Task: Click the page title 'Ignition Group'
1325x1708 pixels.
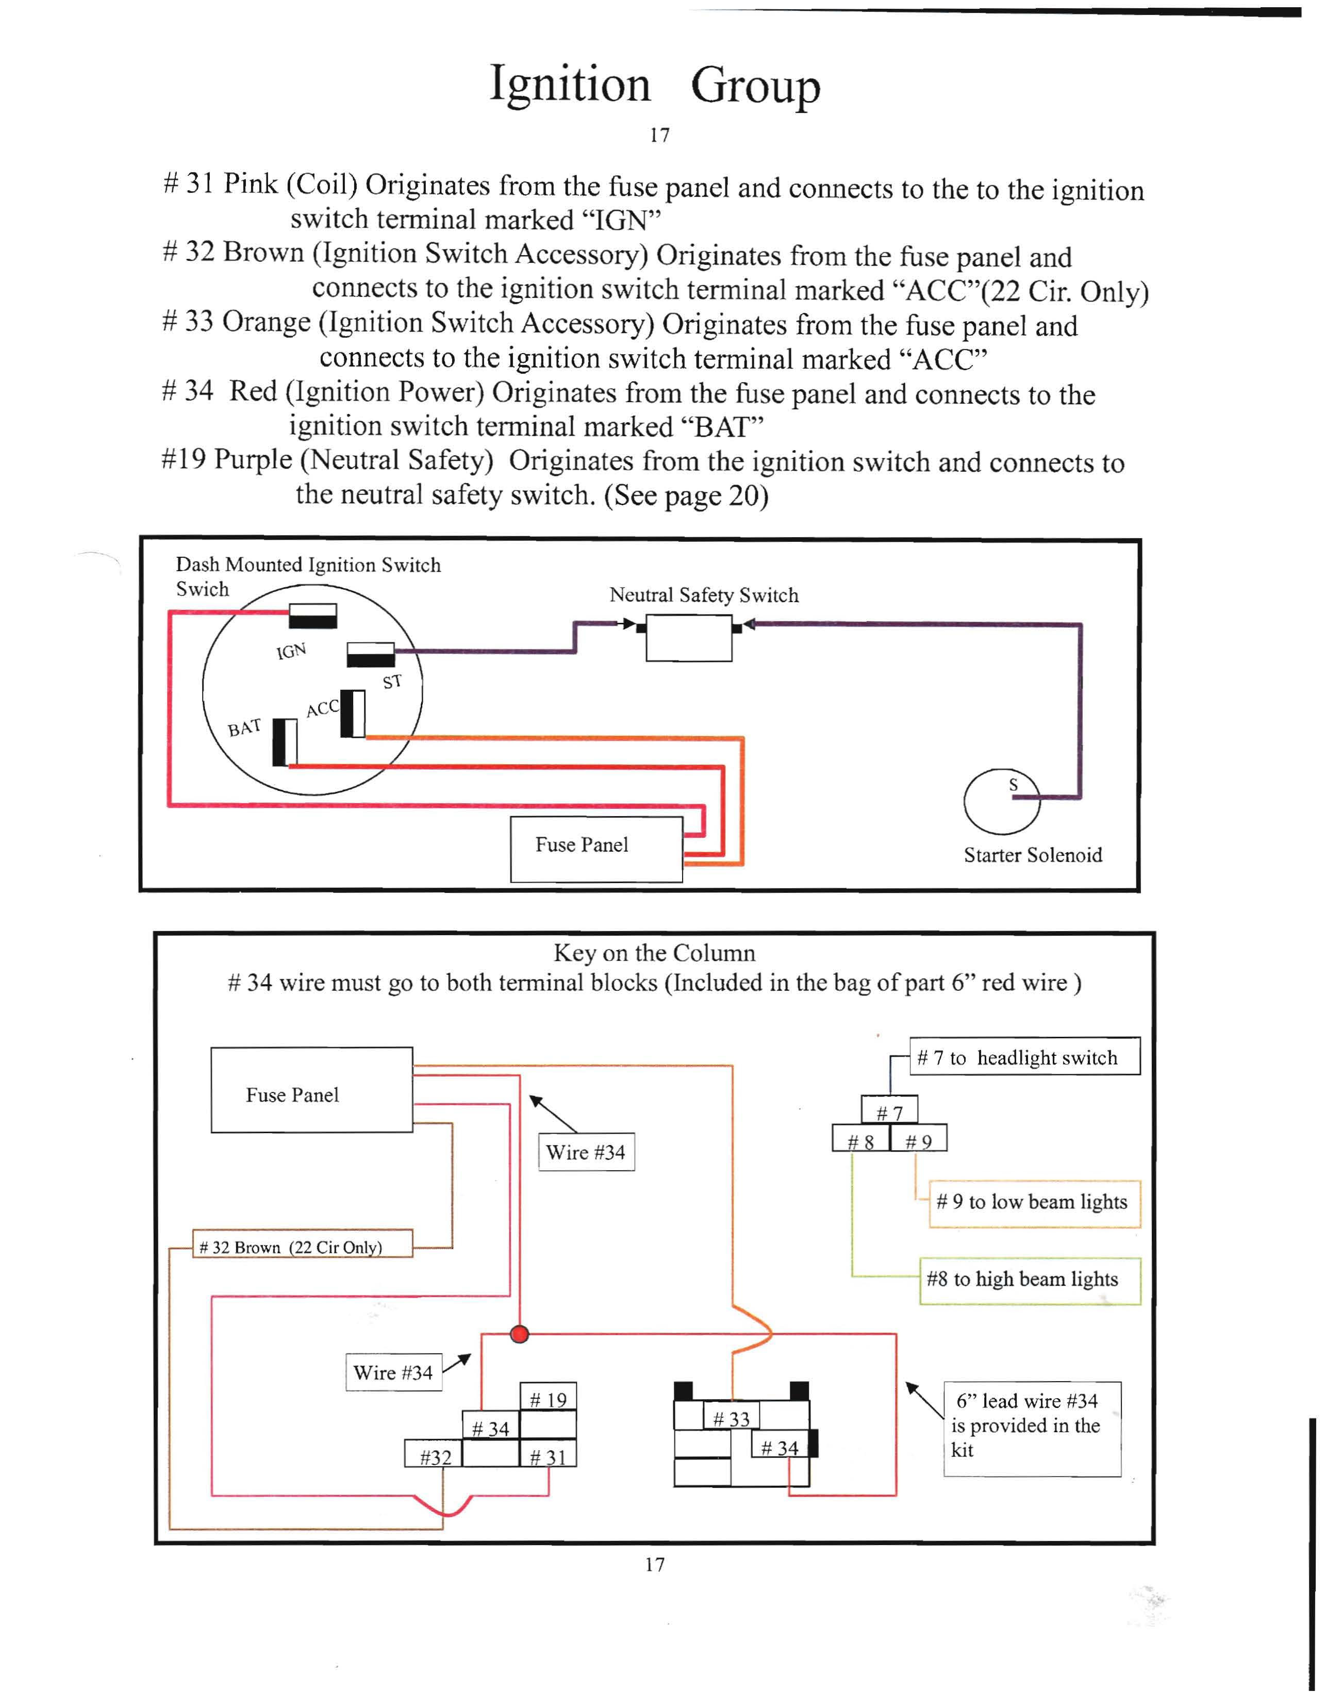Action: point(655,85)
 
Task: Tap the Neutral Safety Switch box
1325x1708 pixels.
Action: point(688,637)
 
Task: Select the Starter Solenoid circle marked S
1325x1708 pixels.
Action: point(1002,802)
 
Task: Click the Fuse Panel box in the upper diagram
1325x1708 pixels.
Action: point(596,849)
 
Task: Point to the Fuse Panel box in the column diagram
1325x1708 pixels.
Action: point(311,1089)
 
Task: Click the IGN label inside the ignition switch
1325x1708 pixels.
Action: point(291,651)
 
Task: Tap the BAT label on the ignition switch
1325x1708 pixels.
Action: point(244,728)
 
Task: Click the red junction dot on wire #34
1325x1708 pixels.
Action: point(519,1333)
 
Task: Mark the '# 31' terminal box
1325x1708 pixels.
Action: point(549,1456)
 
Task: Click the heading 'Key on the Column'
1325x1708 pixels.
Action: point(654,953)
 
